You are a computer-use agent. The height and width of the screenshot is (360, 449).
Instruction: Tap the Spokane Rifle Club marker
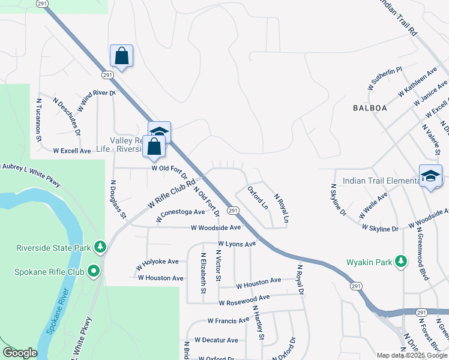click(94, 272)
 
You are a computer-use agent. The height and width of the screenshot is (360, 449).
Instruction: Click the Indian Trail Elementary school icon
click(430, 176)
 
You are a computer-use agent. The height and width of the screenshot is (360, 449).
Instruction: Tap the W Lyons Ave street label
click(237, 244)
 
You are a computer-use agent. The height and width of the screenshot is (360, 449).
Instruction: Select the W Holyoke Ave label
click(157, 262)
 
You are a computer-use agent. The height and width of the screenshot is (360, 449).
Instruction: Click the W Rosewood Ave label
click(244, 299)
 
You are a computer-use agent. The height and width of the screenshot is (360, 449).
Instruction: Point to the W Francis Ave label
click(228, 321)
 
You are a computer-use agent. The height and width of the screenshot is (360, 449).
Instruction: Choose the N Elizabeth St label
click(203, 277)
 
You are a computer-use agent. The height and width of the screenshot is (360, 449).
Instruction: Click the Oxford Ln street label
click(258, 198)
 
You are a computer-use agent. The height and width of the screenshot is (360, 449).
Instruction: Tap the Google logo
click(20, 353)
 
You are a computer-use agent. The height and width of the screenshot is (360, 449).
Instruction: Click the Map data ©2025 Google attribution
click(411, 355)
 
